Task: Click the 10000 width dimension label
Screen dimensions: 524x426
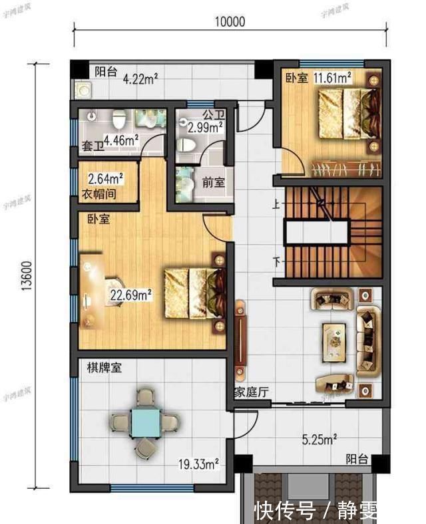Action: [x=230, y=21]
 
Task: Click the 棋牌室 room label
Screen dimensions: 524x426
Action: [x=103, y=367]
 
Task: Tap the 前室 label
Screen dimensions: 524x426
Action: [x=214, y=182]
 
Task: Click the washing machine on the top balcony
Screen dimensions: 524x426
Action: [x=83, y=90]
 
